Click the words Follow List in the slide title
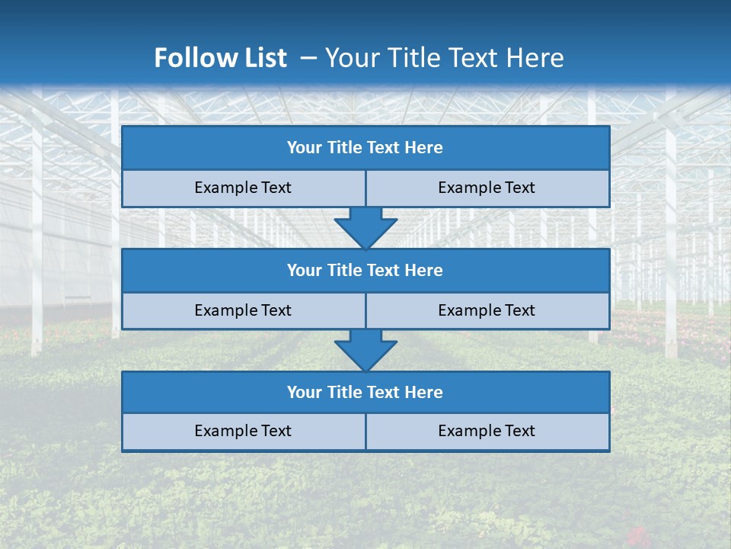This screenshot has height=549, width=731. pyautogui.click(x=220, y=58)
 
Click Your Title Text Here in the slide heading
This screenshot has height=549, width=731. pyautogui.click(x=444, y=58)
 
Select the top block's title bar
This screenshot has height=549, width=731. pyautogui.click(x=365, y=148)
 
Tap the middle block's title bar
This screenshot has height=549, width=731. pyautogui.click(x=365, y=270)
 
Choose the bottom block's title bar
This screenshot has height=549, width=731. pyautogui.click(x=365, y=392)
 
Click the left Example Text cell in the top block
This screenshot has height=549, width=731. pyautogui.click(x=243, y=188)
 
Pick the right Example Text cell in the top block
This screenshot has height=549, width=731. pyautogui.click(x=487, y=188)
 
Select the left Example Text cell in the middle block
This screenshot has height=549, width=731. pyautogui.click(x=243, y=310)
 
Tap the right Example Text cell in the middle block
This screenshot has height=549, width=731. pyautogui.click(x=487, y=310)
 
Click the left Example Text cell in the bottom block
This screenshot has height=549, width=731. pyautogui.click(x=243, y=431)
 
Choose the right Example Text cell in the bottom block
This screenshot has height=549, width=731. pyautogui.click(x=487, y=431)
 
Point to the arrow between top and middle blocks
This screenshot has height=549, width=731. pyautogui.click(x=365, y=227)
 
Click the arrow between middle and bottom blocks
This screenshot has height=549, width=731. pyautogui.click(x=365, y=350)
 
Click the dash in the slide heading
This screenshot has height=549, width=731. pyautogui.click(x=308, y=58)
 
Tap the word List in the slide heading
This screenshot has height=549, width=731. pyautogui.click(x=263, y=58)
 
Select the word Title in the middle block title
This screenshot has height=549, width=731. pyautogui.click(x=344, y=270)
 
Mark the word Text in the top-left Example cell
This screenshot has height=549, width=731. pyautogui.click(x=276, y=188)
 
